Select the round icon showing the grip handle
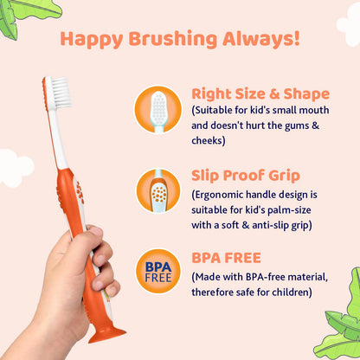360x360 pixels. (x=157, y=190)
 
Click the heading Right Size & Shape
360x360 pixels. (x=260, y=93)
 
